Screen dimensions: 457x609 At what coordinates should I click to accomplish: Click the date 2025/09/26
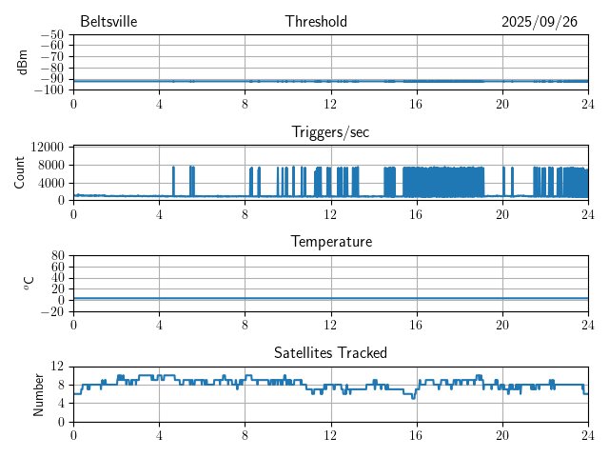[x=540, y=22]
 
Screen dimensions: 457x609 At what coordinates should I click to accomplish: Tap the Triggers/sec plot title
[x=330, y=132]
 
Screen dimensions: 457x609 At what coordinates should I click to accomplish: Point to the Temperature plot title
[x=330, y=243]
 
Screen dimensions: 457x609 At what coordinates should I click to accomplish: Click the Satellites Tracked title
[x=330, y=353]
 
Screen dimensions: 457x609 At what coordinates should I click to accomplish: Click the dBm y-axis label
[x=23, y=62]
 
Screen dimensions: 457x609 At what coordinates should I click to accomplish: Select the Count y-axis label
[x=20, y=172]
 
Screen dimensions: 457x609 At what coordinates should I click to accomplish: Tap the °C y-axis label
[x=29, y=283]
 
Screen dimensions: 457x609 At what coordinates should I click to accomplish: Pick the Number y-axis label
[x=39, y=393]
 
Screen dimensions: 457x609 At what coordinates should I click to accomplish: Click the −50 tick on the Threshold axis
[x=51, y=34]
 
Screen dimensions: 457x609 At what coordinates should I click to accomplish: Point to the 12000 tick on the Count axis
[x=47, y=148]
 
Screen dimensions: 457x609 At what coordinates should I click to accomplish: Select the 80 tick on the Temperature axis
[x=57, y=256]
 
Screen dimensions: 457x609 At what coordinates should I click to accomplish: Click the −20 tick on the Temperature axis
[x=51, y=311]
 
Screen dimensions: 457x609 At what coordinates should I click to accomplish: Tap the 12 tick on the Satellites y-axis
[x=57, y=367]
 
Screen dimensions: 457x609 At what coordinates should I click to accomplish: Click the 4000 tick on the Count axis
[x=49, y=183]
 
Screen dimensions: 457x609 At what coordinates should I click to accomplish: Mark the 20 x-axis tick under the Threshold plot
[x=501, y=104]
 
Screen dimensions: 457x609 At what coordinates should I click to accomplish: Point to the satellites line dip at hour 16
[x=413, y=397]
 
